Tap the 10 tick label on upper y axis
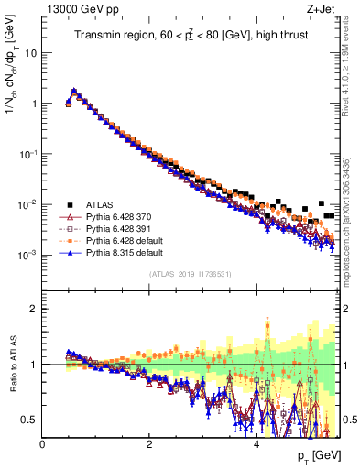(x=31, y=52)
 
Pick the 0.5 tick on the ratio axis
(x=28, y=420)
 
